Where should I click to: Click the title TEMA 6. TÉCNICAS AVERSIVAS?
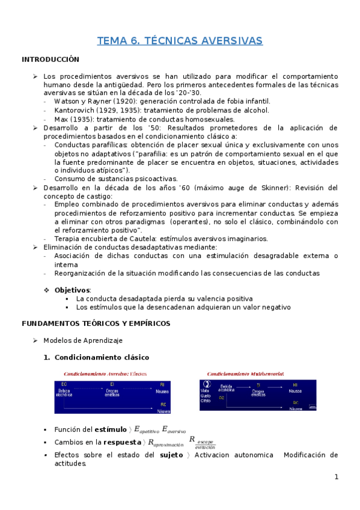coord(180,40)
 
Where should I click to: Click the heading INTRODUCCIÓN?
coord(50,60)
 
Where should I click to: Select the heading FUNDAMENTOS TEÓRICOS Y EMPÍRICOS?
coord(96,323)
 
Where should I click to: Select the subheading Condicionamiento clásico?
coord(102,357)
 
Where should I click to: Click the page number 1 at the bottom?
coord(337,478)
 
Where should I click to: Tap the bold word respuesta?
coord(123,442)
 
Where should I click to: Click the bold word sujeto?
coord(172,455)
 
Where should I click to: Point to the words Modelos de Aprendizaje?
coord(82,340)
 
